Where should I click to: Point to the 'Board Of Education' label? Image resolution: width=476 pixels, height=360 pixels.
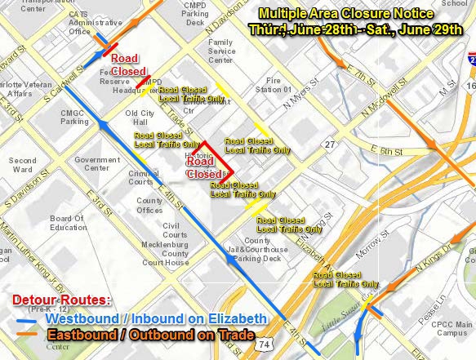pos(68,223)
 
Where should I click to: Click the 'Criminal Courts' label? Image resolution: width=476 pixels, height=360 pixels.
pos(143,177)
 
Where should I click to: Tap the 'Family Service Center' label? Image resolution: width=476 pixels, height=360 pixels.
pos(222,51)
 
